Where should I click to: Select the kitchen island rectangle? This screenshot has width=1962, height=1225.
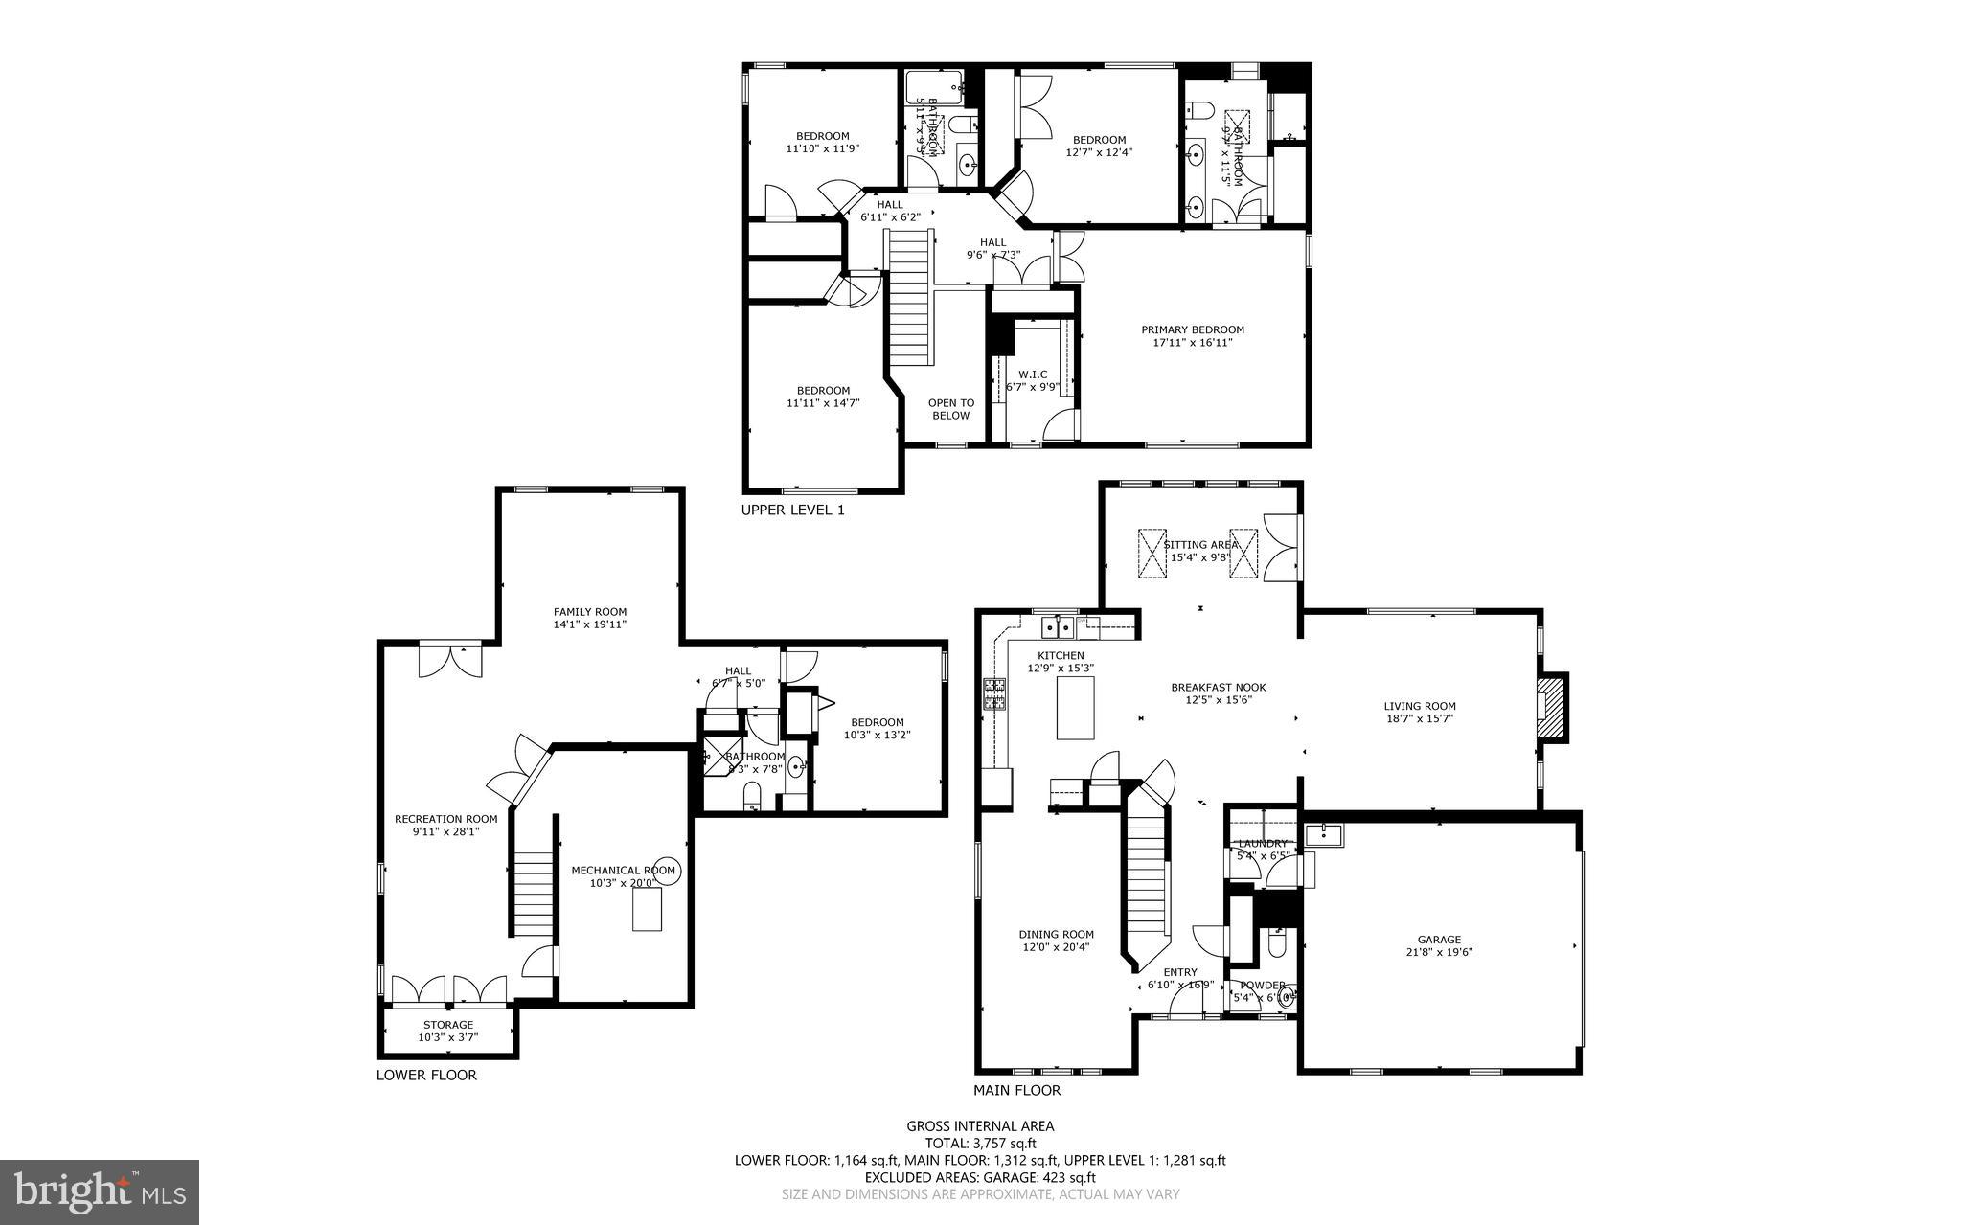tap(1075, 707)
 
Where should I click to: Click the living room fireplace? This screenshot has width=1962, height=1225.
tap(1551, 707)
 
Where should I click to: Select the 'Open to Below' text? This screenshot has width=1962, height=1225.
tap(950, 409)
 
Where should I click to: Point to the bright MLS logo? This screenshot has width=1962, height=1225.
tap(100, 1191)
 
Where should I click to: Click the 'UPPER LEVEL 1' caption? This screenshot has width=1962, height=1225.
tap(792, 510)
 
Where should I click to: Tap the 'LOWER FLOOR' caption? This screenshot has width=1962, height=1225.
tap(425, 1075)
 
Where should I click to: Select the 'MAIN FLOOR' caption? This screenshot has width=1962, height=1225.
tap(1016, 1090)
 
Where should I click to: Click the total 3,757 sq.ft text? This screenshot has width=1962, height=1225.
tap(980, 1143)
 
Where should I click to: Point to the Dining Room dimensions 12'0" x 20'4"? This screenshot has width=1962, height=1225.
tap(1055, 947)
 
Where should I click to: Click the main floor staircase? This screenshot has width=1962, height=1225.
tap(1147, 872)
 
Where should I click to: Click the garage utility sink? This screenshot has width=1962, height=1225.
tap(1325, 835)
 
